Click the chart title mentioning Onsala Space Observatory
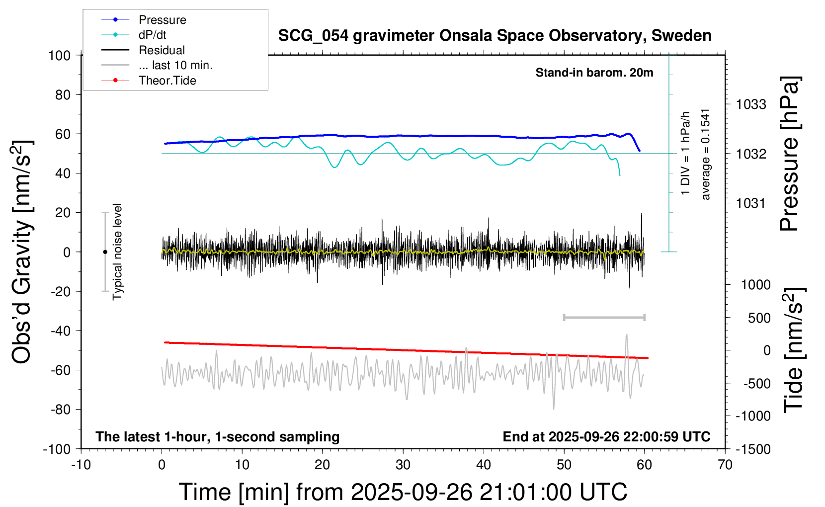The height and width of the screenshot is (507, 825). [x=495, y=36]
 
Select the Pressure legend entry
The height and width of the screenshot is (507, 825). [x=162, y=20]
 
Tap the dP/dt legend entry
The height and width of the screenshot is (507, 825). [x=152, y=35]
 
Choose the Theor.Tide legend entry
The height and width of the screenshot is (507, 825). [x=167, y=81]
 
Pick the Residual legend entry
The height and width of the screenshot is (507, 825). [x=162, y=50]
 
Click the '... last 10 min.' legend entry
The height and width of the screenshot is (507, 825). [x=175, y=65]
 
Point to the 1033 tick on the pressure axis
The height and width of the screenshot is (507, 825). [x=751, y=104]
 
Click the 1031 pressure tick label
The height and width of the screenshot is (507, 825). [x=751, y=203]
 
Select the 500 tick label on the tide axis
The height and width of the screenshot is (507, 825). [x=759, y=318]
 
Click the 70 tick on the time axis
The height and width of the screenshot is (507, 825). [x=725, y=465]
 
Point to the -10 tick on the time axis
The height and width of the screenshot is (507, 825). [x=81, y=465]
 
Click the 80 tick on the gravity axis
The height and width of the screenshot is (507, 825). [x=63, y=94]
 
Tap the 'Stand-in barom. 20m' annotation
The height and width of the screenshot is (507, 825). [x=594, y=73]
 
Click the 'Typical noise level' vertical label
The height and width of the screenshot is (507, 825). [x=117, y=252]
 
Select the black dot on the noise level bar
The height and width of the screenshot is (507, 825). [x=105, y=252]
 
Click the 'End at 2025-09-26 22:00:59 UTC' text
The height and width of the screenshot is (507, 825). [x=606, y=437]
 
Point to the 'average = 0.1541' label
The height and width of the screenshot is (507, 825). [x=706, y=154]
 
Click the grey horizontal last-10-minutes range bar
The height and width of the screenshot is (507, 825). [x=604, y=317]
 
